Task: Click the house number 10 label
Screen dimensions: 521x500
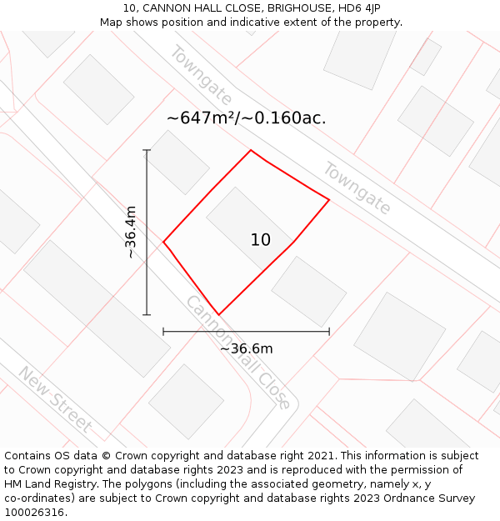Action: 260,240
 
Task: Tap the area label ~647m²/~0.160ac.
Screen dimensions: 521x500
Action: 246,118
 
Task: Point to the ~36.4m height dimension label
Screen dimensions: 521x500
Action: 131,233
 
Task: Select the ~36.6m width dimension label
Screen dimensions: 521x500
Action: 246,348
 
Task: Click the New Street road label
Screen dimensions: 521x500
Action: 55,399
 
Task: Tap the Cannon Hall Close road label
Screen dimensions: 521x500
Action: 238,352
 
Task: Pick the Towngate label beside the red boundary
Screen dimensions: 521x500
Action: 357,188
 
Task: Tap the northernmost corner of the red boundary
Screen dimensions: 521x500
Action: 251,150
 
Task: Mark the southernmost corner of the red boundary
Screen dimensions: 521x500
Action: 218,314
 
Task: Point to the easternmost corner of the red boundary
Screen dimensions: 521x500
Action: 329,200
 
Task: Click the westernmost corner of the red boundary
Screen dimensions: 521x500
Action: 163,243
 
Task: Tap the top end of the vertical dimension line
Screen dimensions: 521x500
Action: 147,150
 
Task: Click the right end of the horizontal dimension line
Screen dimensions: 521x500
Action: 329,332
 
